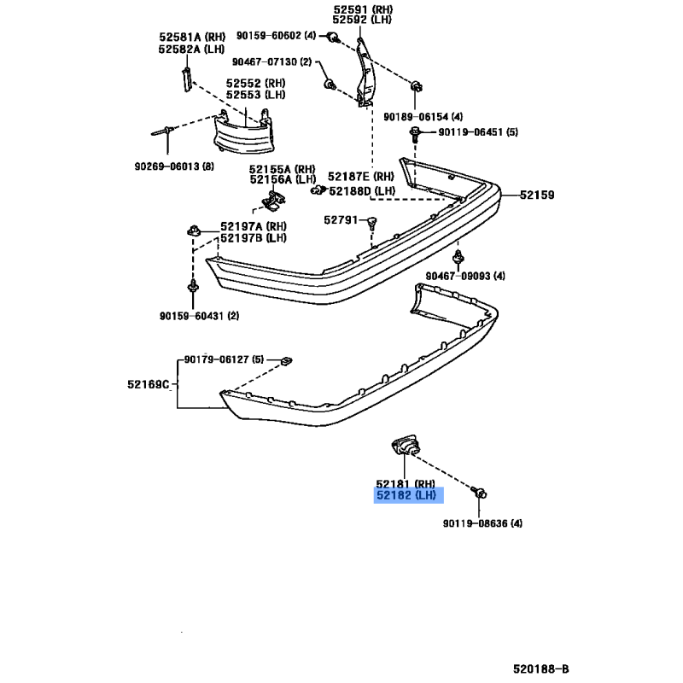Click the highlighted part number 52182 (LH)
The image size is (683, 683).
(406, 495)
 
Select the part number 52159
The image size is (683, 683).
(537, 196)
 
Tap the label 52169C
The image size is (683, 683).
(148, 384)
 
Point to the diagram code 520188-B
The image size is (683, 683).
(540, 669)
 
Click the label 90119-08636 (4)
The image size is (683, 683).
(482, 523)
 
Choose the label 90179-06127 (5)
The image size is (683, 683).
(224, 359)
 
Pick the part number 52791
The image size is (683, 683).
(341, 220)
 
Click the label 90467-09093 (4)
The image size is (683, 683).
(465, 276)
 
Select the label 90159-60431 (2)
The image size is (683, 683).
(200, 316)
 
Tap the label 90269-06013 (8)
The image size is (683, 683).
(174, 166)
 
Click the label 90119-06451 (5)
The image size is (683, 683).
(478, 132)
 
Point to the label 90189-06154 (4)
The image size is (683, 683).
(423, 117)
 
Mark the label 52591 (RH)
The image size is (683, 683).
(364, 9)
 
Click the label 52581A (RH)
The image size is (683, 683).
(192, 37)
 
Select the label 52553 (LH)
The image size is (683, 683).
(255, 95)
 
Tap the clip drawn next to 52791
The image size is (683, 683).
(371, 224)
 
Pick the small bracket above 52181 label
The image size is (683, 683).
(405, 445)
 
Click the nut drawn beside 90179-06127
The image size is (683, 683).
(286, 361)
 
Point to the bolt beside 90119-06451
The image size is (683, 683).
(415, 134)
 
